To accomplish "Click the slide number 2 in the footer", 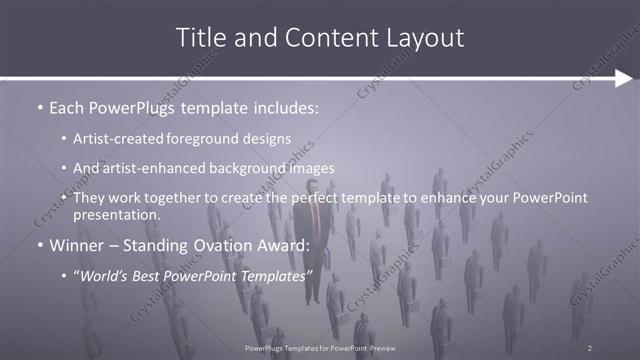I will [589, 347].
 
